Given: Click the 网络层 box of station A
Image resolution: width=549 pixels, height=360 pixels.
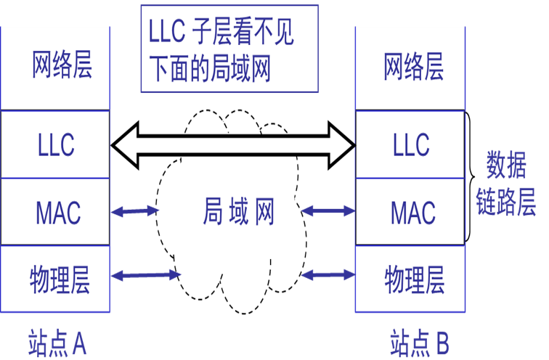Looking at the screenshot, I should tap(55, 68).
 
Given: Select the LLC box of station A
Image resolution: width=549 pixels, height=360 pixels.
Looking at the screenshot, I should tap(55, 144).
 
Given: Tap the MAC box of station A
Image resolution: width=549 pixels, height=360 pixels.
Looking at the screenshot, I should tap(55, 212).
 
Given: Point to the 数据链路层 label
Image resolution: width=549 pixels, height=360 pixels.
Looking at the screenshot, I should tap(505, 185).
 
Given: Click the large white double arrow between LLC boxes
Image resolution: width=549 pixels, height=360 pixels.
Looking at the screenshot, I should tap(232, 144).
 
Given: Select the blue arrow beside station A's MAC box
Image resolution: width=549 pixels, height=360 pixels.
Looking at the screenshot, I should tap(134, 212).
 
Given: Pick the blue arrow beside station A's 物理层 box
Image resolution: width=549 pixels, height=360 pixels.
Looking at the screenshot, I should tap(145, 275).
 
